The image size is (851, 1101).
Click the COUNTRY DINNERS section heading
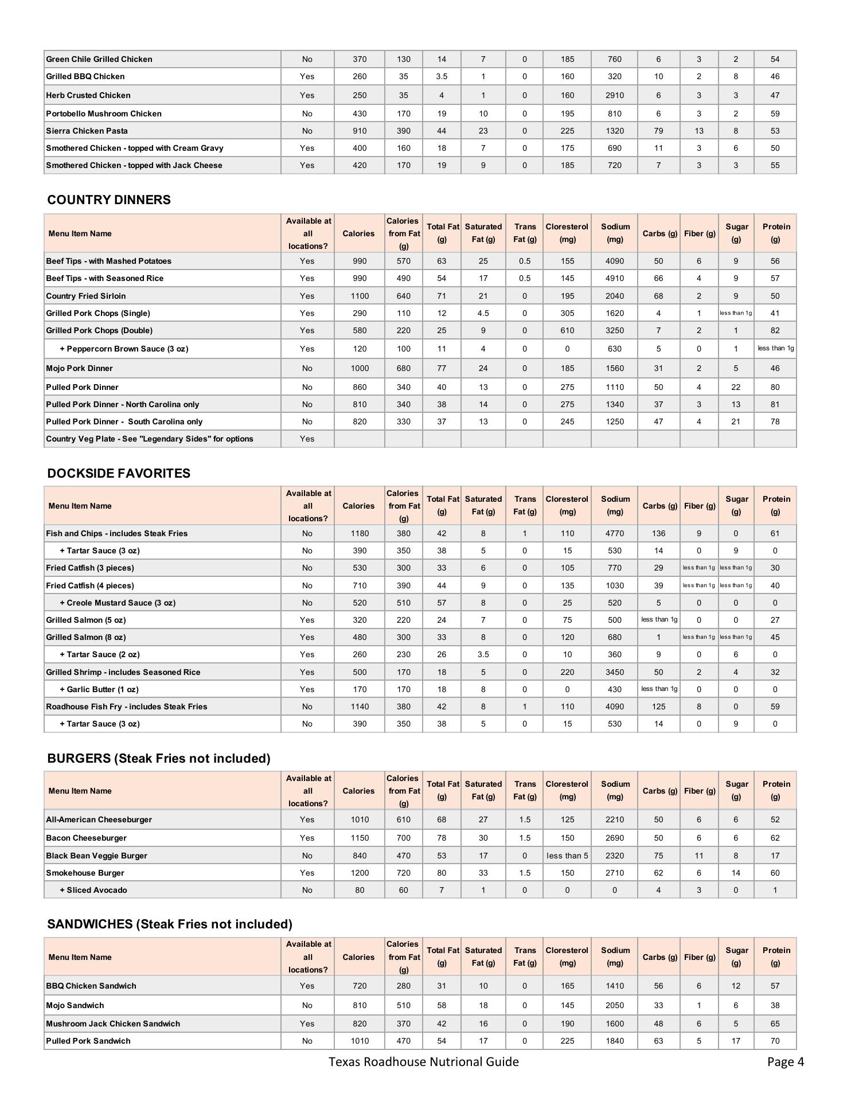pyautogui.click(x=109, y=200)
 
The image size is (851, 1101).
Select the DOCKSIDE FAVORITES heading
pyautogui.click(x=119, y=474)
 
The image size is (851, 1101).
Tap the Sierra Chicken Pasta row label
pyautogui.click(x=87, y=131)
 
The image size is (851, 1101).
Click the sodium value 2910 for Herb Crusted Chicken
pyautogui.click(x=614, y=95)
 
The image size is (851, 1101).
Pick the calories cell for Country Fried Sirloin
pyautogui.click(x=360, y=296)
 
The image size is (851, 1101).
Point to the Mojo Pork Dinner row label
pyautogui.click(x=79, y=368)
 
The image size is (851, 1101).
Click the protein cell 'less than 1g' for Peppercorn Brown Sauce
pyautogui.click(x=775, y=348)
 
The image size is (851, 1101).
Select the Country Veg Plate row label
pyautogui.click(x=150, y=439)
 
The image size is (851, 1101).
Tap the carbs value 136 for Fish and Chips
pyautogui.click(x=658, y=533)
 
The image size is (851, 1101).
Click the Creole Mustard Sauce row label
pyautogui.click(x=118, y=603)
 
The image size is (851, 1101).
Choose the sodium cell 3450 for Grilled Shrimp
pyautogui.click(x=614, y=672)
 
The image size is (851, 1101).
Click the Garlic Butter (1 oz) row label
pyautogui.click(x=99, y=689)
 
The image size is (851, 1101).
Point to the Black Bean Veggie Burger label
pyautogui.click(x=96, y=856)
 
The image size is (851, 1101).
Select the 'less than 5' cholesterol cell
pyautogui.click(x=567, y=856)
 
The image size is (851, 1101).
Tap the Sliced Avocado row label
pyautogui.click(x=93, y=890)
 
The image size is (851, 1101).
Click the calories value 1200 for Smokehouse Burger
pyautogui.click(x=360, y=873)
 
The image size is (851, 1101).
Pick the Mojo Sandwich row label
pyautogui.click(x=75, y=1005)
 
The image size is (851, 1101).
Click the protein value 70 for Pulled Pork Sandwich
pyautogui.click(x=775, y=1041)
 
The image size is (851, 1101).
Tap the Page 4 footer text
pyautogui.click(x=785, y=1062)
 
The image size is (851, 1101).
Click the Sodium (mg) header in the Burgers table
pyautogui.click(x=615, y=790)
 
